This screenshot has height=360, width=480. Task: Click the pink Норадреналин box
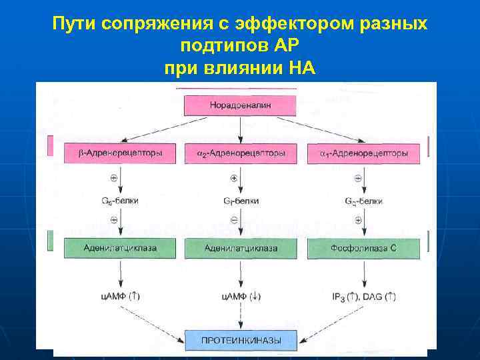[240, 105]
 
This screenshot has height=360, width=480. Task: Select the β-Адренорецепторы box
[121, 153]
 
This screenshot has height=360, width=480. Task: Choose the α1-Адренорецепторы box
[363, 153]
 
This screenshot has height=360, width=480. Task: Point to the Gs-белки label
[121, 201]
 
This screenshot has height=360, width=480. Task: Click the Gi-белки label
[241, 201]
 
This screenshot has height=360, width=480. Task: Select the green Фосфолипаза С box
[363, 248]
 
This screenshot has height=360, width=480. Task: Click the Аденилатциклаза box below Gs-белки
[121, 248]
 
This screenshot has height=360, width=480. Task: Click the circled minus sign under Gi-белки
[233, 219]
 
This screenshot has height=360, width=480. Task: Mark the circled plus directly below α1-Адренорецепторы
[358, 178]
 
